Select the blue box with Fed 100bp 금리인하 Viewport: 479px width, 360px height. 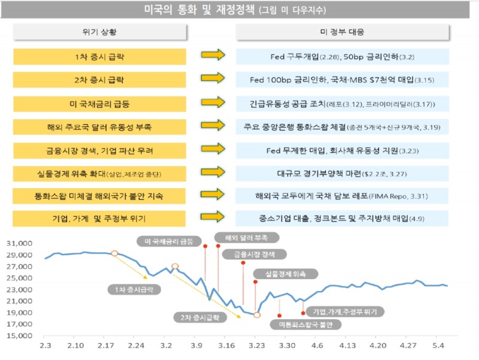pos(342,79)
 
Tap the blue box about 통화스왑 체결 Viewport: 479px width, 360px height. pos(342,126)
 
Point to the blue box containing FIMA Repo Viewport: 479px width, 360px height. pos(342,196)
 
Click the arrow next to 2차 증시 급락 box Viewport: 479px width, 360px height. pos(213,78)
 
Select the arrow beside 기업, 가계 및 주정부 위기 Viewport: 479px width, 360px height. pos(213,217)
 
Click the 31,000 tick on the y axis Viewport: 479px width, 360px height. pos(20,244)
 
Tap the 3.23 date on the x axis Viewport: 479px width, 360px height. pos(256,346)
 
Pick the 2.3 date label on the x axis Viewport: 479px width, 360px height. pos(46,346)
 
